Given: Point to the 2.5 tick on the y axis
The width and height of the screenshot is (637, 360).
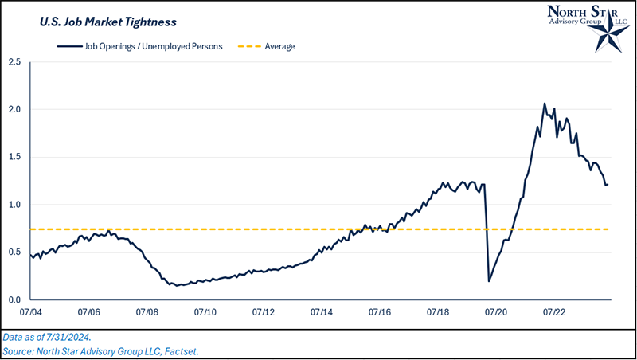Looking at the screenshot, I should (x=14, y=61).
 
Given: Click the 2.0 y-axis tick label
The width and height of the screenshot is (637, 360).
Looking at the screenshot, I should (x=14, y=109).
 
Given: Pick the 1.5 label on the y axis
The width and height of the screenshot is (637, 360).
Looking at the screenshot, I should (x=14, y=157).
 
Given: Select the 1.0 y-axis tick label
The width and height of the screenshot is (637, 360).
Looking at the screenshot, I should (x=14, y=205).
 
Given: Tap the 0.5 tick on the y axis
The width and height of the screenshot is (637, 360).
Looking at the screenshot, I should (x=14, y=252).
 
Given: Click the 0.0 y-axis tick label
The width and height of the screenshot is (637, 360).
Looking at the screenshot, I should (x=14, y=300).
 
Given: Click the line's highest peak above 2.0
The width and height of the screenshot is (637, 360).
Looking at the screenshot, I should (x=545, y=104).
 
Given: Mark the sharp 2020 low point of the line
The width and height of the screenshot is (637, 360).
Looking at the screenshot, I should (x=488, y=281).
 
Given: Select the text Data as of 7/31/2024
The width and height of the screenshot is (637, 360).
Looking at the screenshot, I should (x=53, y=337).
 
